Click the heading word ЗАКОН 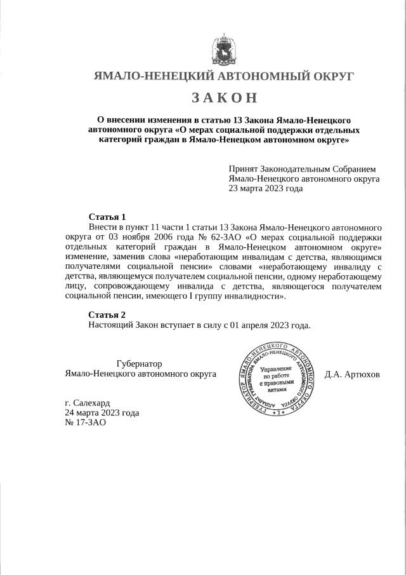coord(224,98)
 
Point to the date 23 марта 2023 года coord(266,189)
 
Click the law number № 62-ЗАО coord(221,236)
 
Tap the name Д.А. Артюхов coord(352,374)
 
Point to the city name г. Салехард coord(87,403)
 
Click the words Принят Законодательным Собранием coord(303,170)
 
